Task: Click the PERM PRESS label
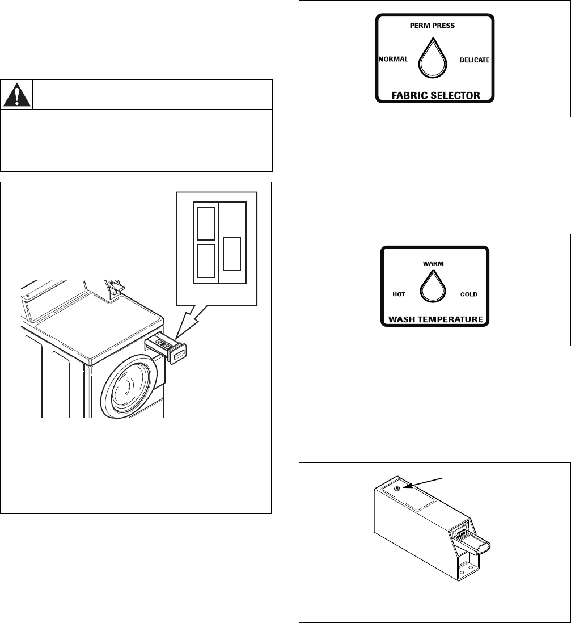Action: (x=432, y=26)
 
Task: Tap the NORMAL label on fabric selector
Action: (x=393, y=59)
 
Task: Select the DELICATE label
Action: (x=474, y=60)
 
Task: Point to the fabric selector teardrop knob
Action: (x=433, y=58)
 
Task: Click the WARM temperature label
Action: (x=433, y=263)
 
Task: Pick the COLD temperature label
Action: (x=469, y=294)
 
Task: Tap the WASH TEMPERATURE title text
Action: (x=435, y=319)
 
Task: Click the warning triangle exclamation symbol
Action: (x=16, y=95)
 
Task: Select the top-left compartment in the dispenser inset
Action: (x=206, y=224)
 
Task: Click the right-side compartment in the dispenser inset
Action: (x=232, y=253)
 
